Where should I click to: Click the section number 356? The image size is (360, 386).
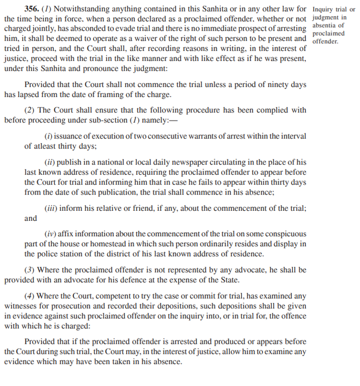[32, 9]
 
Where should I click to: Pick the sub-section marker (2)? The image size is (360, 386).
[29, 110]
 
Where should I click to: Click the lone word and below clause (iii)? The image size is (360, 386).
[31, 218]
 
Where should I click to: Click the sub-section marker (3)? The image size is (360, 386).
[29, 270]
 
